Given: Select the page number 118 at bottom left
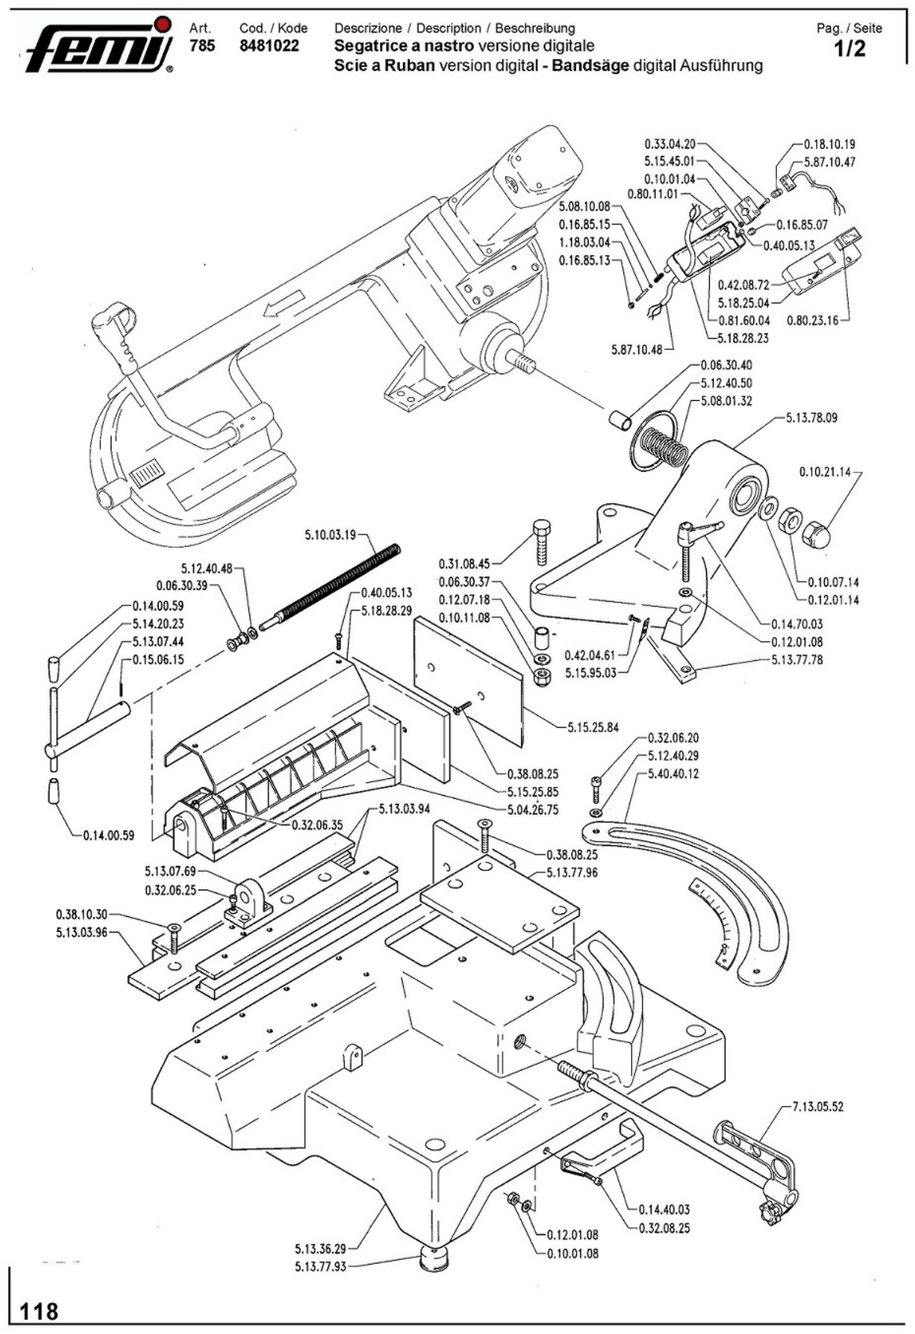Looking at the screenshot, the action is [39, 1310].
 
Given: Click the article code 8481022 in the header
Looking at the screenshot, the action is [269, 46].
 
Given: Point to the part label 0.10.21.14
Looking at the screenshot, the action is [824, 472].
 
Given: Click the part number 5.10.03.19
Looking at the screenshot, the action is [331, 534].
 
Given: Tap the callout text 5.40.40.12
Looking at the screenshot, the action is [673, 774].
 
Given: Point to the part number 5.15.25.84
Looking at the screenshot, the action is [593, 727].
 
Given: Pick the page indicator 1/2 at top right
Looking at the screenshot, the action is [849, 49].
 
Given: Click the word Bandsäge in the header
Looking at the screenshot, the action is [590, 65].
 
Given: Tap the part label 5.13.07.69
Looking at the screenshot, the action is [170, 872].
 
